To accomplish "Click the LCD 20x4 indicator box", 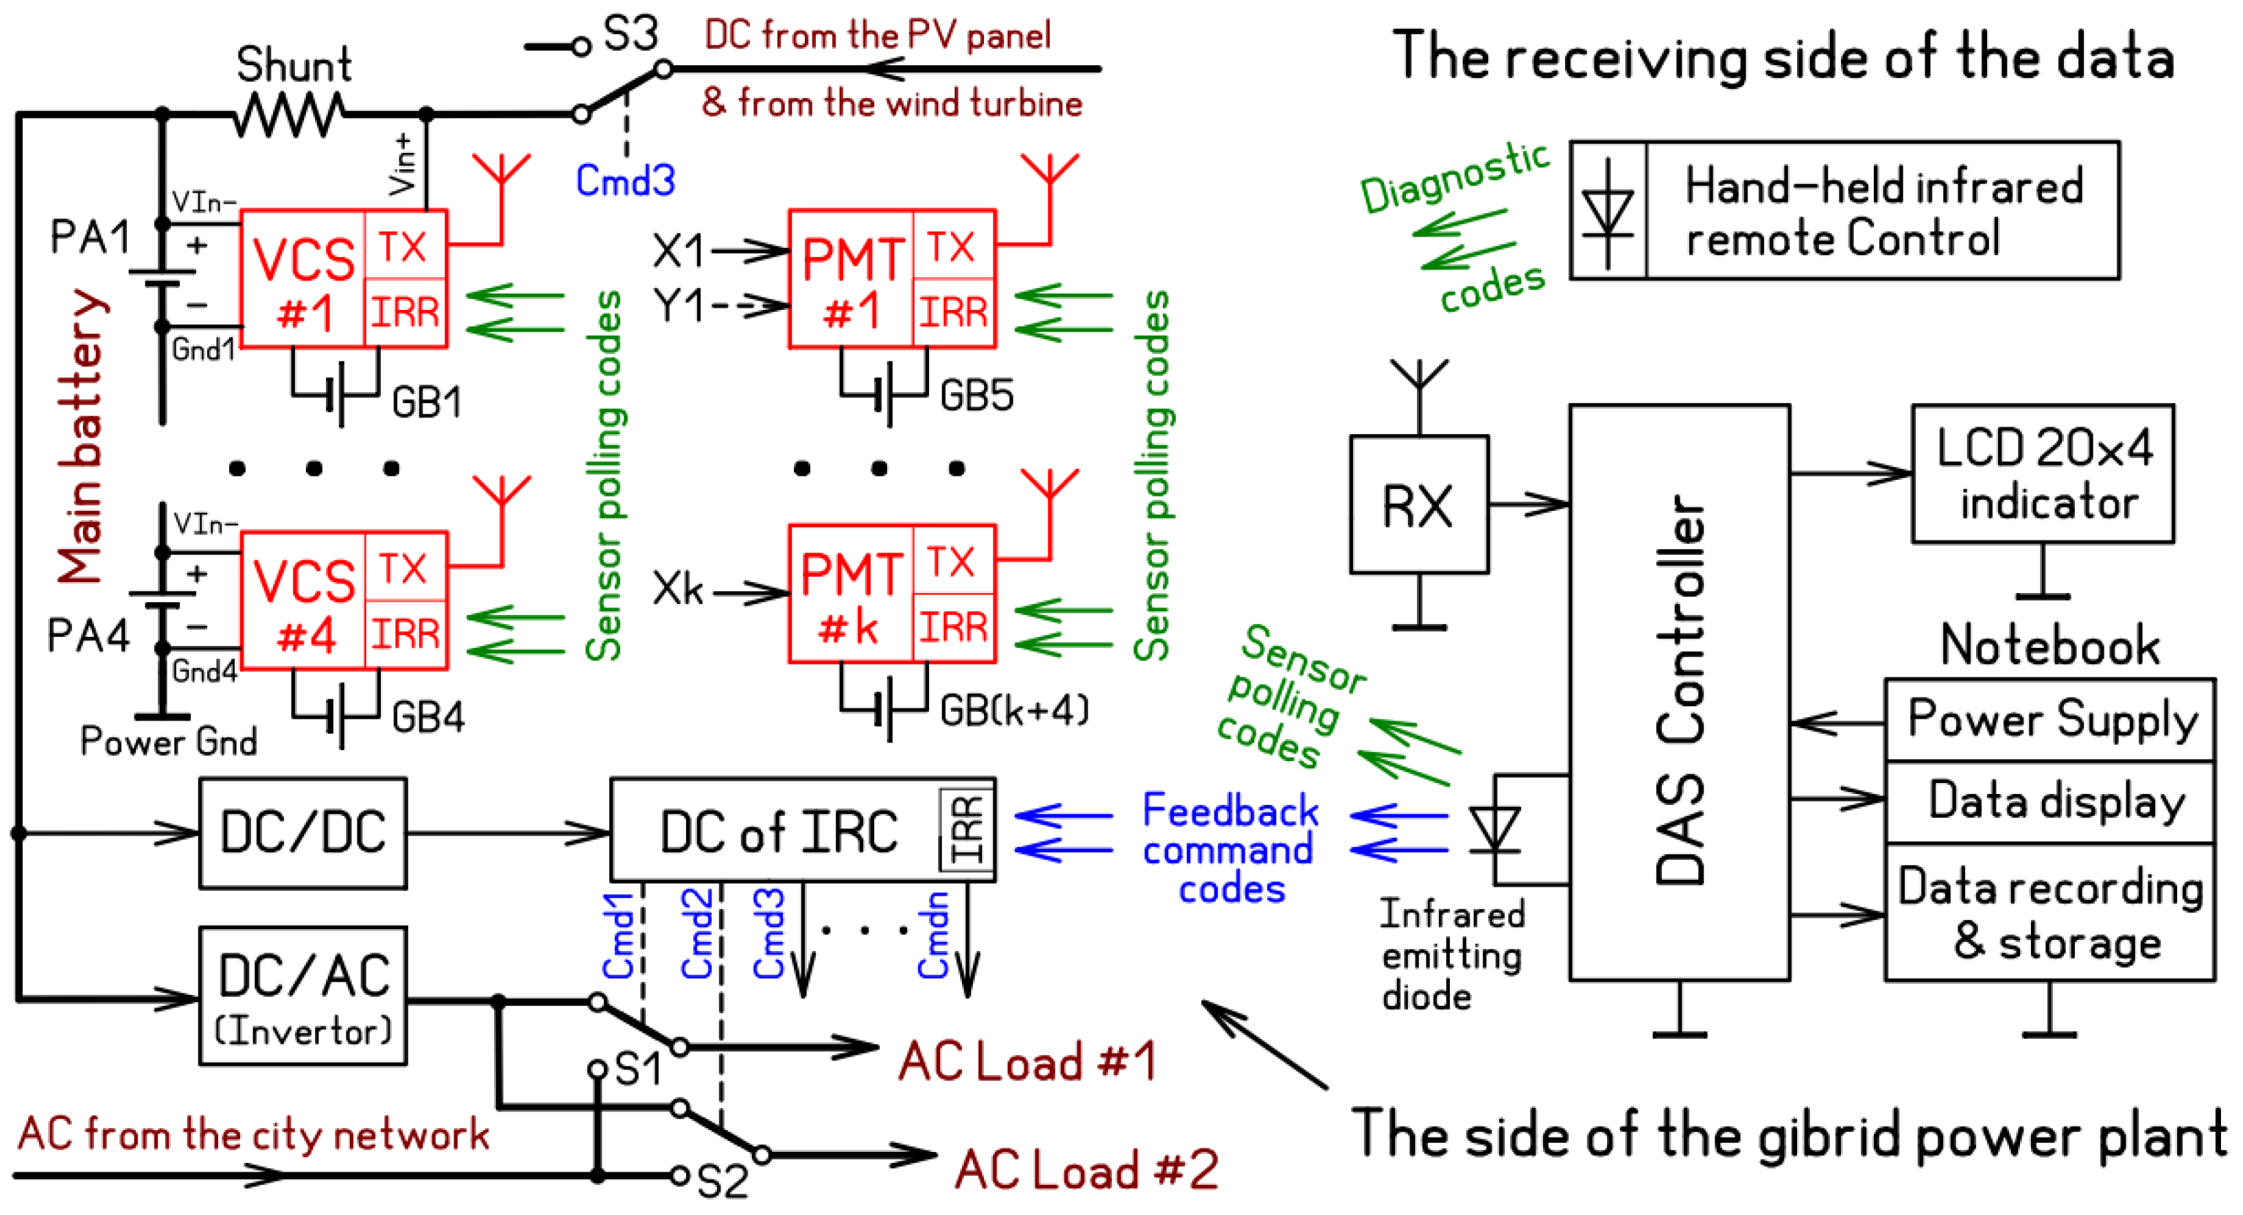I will click(2042, 474).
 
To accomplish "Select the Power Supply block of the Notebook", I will click(2051, 721).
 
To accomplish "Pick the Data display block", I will click(2051, 802).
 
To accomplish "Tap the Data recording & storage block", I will click(2051, 912).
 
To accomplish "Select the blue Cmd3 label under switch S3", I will click(625, 181).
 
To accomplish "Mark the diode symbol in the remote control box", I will click(1608, 211).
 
